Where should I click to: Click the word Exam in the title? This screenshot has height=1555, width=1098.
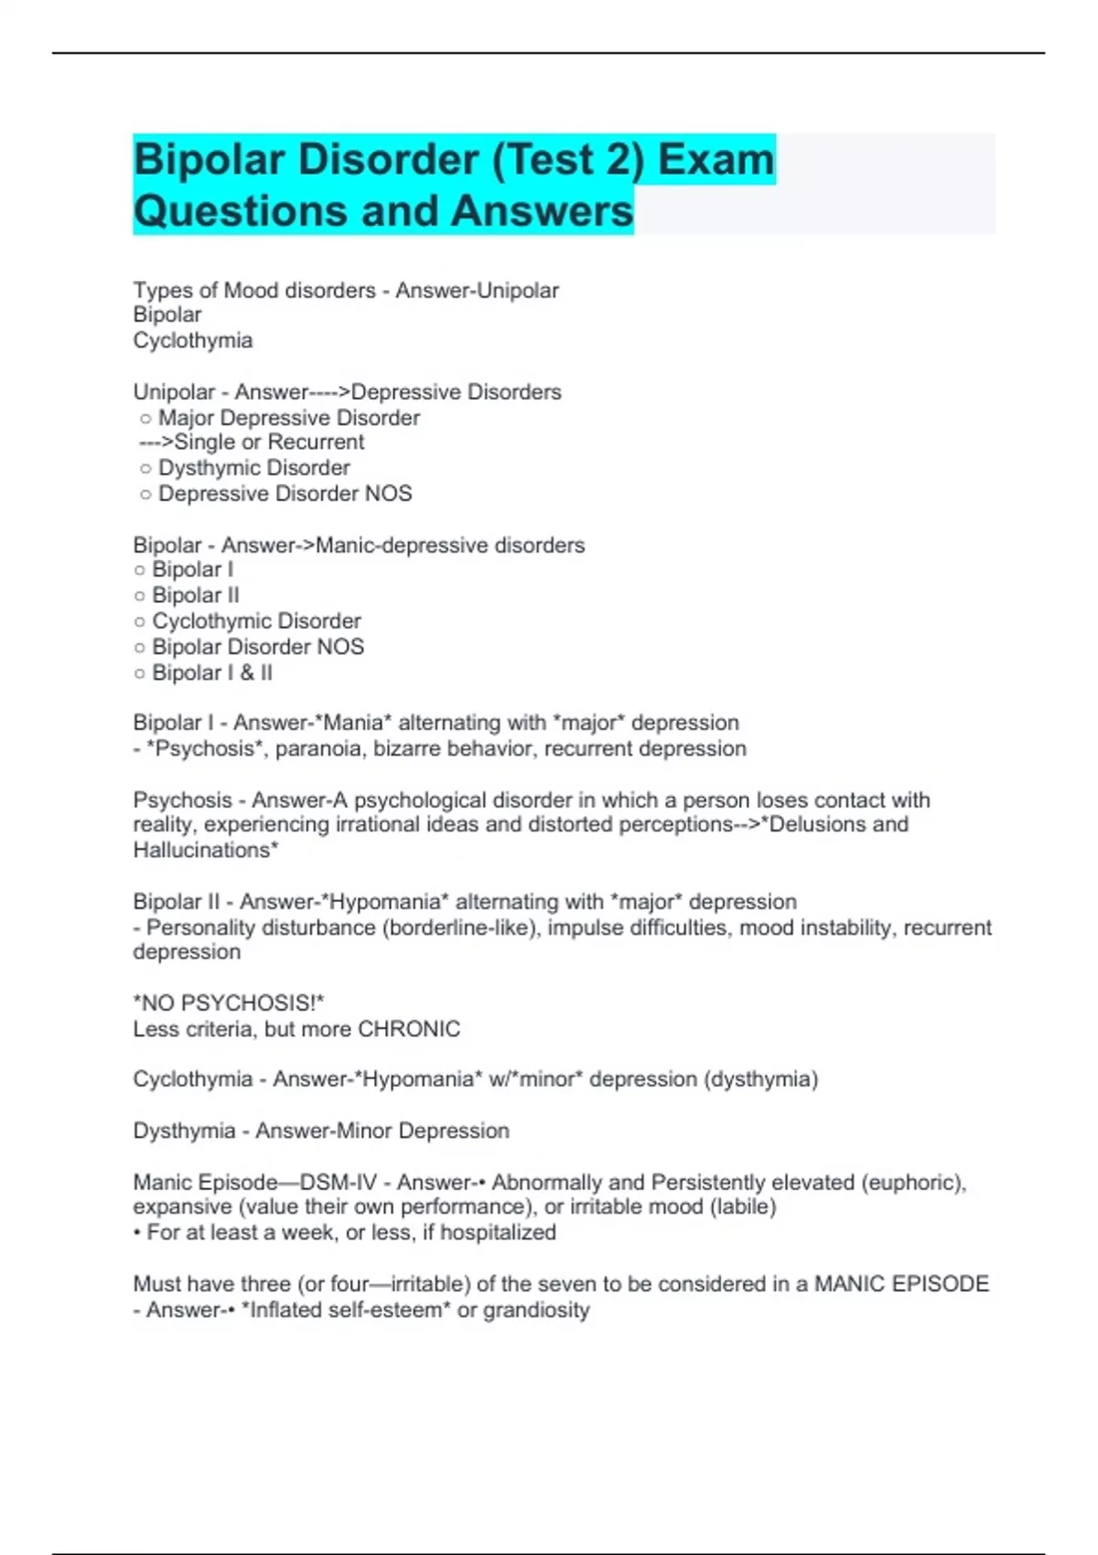(x=716, y=160)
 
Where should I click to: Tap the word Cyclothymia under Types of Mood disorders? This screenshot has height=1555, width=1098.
(x=193, y=340)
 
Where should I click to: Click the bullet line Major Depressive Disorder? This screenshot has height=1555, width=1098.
(x=288, y=418)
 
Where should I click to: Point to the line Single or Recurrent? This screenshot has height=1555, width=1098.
(x=269, y=443)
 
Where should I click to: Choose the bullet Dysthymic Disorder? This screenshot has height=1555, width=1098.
(x=253, y=468)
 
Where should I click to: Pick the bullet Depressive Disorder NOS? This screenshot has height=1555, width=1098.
(x=285, y=494)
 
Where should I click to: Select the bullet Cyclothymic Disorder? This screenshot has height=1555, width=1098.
(x=256, y=621)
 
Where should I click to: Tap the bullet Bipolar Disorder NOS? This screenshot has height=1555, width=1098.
(x=257, y=647)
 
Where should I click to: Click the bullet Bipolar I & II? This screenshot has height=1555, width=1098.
(x=211, y=673)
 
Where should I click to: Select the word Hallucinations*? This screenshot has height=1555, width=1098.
(x=206, y=851)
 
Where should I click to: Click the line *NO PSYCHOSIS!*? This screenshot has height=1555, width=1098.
(x=229, y=1003)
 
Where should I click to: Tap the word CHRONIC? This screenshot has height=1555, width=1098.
(x=409, y=1029)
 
